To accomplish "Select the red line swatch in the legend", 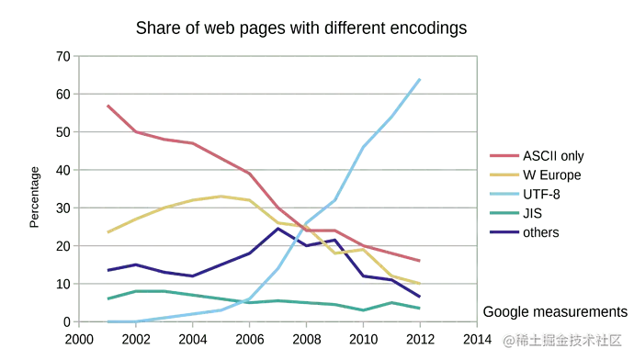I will (x=504, y=153).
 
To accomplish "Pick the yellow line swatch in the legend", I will (x=504, y=174).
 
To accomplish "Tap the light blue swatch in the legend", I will (x=504, y=194).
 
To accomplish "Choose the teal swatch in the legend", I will (x=504, y=213).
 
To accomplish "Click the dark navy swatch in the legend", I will (x=504, y=233).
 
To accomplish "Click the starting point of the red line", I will (x=107, y=106).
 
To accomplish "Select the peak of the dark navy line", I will (x=277, y=228).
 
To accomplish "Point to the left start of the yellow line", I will (x=107, y=232).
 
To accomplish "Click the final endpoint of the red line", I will (x=420, y=262).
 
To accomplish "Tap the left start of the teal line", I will (x=107, y=298).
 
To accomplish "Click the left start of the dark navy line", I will (x=107, y=269).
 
